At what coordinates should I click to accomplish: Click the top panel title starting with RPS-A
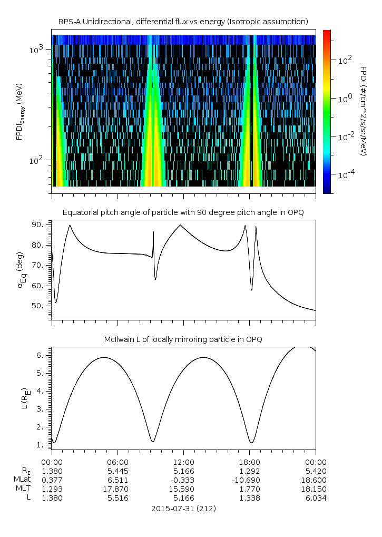183,21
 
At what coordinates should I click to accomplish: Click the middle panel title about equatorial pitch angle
183,212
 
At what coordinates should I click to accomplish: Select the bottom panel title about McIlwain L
183,339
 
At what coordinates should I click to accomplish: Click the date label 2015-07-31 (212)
183,509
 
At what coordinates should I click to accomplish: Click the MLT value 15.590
183,489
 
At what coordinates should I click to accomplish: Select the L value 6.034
316,498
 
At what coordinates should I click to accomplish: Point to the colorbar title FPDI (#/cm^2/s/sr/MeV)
363,111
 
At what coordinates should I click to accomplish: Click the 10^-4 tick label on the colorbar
345,174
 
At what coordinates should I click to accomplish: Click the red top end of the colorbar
327,33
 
